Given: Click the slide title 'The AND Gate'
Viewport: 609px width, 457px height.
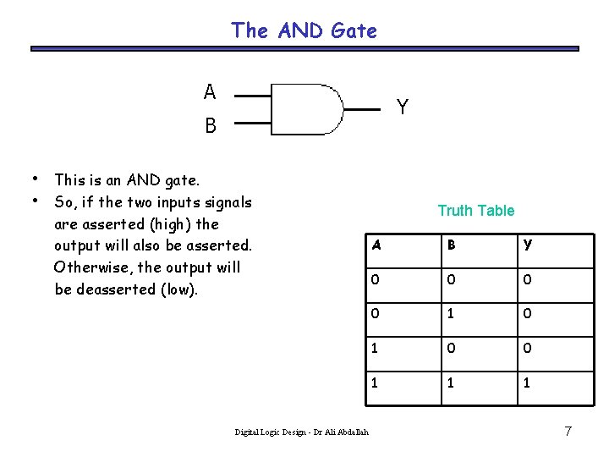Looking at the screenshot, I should [x=304, y=31].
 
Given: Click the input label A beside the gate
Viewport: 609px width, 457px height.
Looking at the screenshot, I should [x=209, y=91].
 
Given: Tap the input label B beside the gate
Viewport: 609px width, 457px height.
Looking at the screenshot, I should [x=210, y=126].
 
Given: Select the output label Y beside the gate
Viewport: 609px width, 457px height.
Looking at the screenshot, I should [x=403, y=107].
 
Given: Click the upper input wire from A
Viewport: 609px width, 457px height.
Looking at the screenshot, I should [x=252, y=95].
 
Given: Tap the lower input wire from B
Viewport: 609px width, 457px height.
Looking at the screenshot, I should [x=252, y=123].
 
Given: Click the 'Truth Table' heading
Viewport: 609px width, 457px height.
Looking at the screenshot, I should [x=475, y=211].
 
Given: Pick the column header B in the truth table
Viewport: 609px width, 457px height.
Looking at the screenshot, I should [x=452, y=245].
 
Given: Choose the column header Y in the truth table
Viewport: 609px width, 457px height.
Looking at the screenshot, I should [x=528, y=245].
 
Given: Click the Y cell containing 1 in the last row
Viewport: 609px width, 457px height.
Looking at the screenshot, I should [x=528, y=383].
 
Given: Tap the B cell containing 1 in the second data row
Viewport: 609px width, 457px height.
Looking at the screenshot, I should [x=452, y=314].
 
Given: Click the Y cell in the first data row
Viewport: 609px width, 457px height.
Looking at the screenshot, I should [x=528, y=280].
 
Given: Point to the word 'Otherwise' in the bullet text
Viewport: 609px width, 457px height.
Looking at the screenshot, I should [x=89, y=267].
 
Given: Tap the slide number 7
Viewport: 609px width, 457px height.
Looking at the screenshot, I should [x=568, y=432].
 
